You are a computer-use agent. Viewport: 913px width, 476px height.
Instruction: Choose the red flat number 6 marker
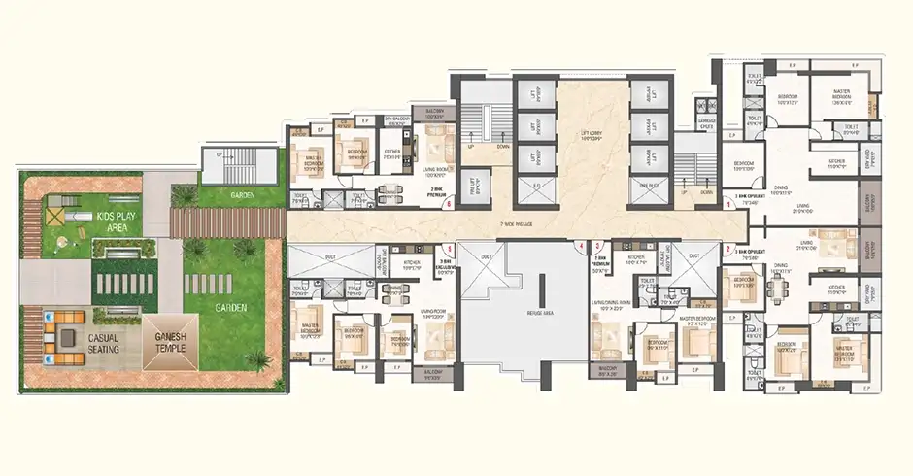(x=449, y=205)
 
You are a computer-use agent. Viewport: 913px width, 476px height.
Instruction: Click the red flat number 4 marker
(x=582, y=247)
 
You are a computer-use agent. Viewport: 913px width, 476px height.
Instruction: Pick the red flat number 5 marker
(x=596, y=246)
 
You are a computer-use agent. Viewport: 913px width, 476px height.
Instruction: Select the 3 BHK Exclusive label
(x=447, y=265)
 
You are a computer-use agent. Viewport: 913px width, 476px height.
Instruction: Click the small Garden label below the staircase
(x=242, y=196)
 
